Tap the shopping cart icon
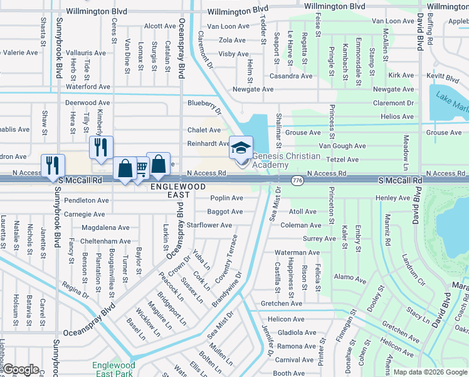click(x=141, y=168)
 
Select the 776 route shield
click(x=295, y=180)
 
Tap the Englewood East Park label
click(x=113, y=369)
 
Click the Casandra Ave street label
click(x=290, y=76)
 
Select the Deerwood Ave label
click(x=87, y=102)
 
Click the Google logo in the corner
click(x=21, y=369)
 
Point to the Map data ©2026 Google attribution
click(x=429, y=372)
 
